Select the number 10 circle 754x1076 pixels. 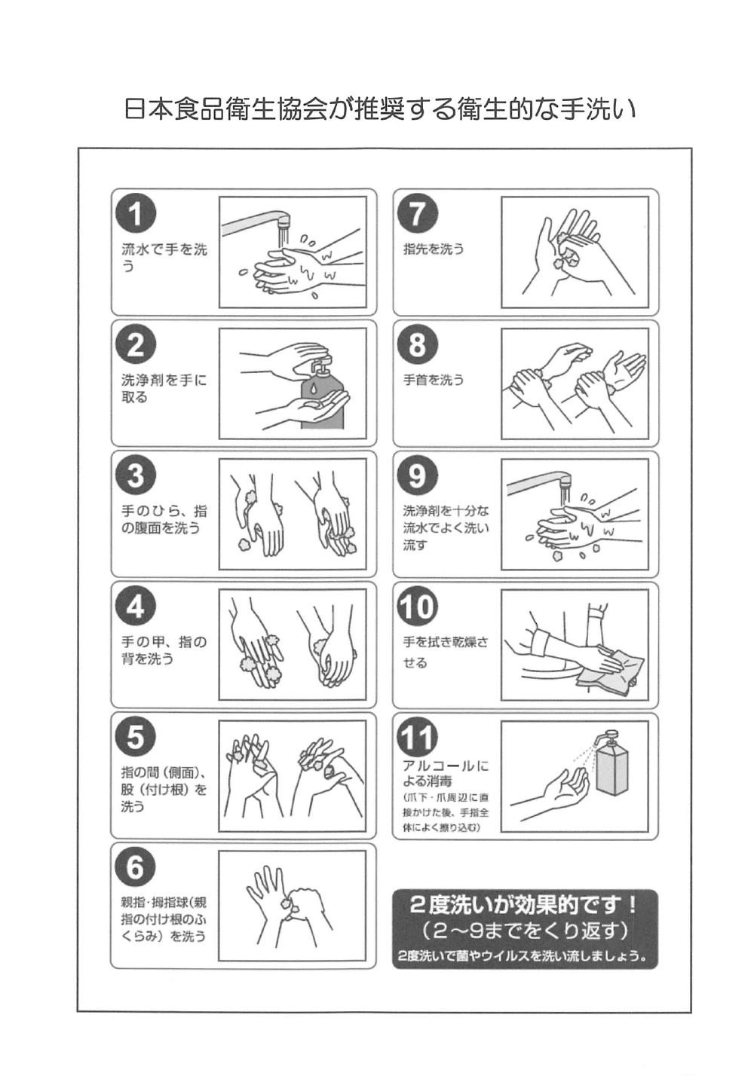tap(417, 606)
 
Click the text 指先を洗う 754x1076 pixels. tap(434, 249)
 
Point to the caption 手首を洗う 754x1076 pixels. tap(434, 380)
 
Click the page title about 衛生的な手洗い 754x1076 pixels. tap(380, 109)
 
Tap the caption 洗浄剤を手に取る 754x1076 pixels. tap(164, 389)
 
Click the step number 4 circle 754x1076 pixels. tap(136, 606)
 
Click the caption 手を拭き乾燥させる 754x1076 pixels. tap(446, 653)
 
